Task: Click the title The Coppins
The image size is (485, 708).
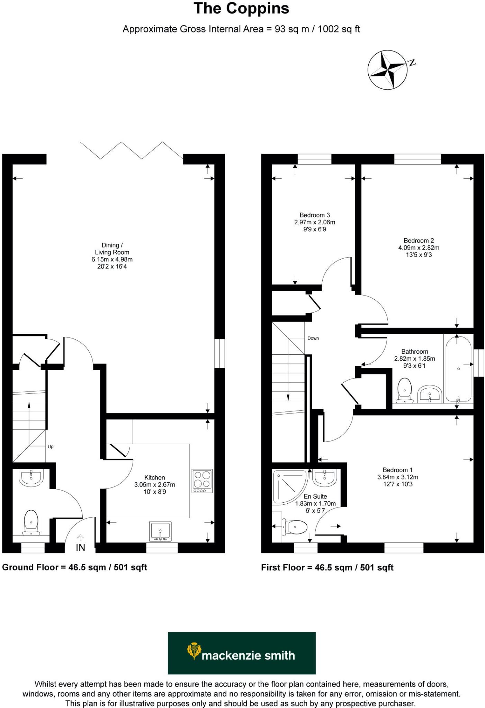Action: [241, 9]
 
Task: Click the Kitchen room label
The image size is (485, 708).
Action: [154, 477]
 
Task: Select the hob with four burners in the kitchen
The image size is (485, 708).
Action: [202, 481]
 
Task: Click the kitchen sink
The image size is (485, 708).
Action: [160, 531]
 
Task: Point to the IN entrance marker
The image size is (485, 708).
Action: [80, 547]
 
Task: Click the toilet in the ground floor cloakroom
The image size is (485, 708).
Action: [31, 522]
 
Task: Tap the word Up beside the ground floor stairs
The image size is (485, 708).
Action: [51, 446]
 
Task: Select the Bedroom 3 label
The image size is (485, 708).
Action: [314, 215]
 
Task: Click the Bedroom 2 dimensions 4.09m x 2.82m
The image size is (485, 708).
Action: [419, 248]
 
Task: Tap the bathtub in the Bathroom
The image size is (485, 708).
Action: [458, 369]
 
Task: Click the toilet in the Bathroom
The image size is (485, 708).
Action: [404, 391]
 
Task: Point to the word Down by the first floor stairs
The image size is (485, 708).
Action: [313, 338]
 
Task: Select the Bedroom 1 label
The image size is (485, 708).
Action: [397, 470]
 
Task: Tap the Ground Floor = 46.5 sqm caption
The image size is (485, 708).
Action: [74, 567]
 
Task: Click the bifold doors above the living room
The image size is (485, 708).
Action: [132, 151]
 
